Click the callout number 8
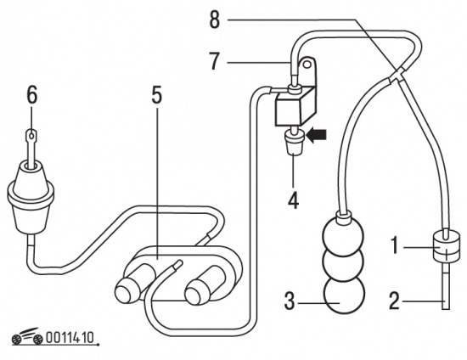(x=215, y=20)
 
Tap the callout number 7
(x=215, y=62)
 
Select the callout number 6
(x=32, y=95)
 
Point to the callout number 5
(x=157, y=95)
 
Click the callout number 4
(x=294, y=200)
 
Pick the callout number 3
(x=290, y=301)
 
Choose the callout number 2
(x=394, y=301)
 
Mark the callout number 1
(x=395, y=246)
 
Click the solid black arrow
(x=317, y=135)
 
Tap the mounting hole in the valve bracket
(x=307, y=65)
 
